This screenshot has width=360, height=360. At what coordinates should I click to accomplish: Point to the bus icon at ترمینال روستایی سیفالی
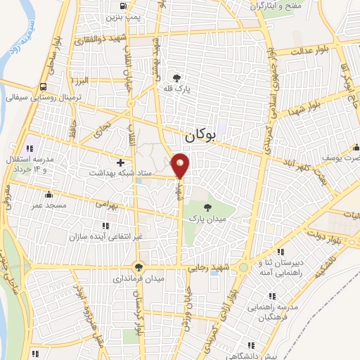pyautogui.click(x=44, y=87)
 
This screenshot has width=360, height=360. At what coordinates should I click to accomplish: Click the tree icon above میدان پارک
pyautogui.click(x=207, y=207)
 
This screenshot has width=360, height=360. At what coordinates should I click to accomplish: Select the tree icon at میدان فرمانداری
pyautogui.click(x=139, y=266)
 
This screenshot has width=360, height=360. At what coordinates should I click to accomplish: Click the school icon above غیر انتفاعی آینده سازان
pyautogui.click(x=105, y=226)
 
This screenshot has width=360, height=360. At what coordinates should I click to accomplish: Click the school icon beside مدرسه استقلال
pyautogui.click(x=30, y=148)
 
